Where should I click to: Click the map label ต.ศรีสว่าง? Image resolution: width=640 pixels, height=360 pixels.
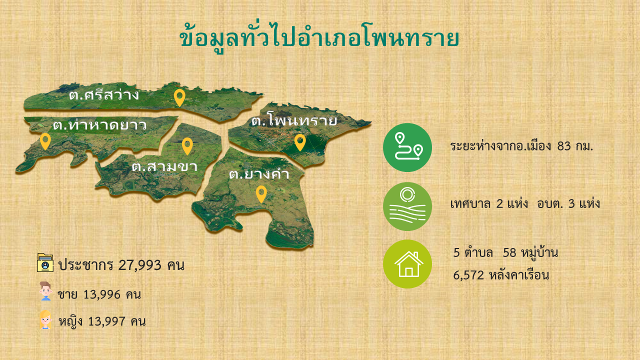click(104, 94)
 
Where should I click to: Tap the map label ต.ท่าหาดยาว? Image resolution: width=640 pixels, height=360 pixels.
click(99, 124)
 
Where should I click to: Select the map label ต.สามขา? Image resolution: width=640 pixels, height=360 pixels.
click(164, 166)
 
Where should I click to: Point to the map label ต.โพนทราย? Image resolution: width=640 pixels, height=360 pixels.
click(294, 119)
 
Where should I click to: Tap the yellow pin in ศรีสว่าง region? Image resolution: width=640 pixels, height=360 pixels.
click(179, 97)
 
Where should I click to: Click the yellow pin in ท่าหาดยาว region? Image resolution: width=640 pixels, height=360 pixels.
click(45, 141)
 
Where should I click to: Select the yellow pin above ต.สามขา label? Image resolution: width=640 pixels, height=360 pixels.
click(187, 146)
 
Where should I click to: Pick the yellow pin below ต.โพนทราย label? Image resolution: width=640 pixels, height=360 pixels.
click(300, 142)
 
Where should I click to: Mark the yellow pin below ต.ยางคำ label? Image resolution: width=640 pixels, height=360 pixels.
click(261, 194)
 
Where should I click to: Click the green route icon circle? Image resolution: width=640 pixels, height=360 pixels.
click(407, 147)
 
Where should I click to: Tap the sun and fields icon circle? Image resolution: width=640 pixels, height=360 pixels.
click(407, 206)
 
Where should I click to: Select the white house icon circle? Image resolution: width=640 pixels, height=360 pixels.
click(407, 264)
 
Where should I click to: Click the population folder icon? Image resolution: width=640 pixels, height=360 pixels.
click(45, 262)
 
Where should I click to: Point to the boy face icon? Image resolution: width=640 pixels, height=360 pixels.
click(45, 291)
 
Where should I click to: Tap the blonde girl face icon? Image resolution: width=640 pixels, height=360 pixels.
click(45, 319)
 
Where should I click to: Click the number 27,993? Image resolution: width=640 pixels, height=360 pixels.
click(139, 265)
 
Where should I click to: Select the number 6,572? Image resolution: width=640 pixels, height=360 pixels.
click(468, 275)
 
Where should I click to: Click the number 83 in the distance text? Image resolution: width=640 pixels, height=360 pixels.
click(564, 146)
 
